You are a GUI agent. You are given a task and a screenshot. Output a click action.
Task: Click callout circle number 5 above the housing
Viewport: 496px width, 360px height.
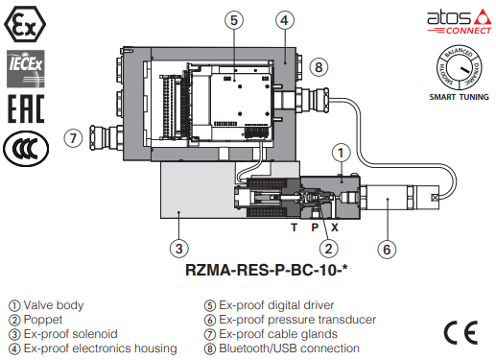[234, 20]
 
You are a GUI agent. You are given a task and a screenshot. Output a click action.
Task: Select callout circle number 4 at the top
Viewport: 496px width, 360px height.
[285, 20]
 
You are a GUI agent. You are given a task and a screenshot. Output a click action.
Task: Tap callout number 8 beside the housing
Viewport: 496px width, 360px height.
[319, 67]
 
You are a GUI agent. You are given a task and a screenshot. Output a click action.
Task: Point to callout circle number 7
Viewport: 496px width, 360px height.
[73, 138]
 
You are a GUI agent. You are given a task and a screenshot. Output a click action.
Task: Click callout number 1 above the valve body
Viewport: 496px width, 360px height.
[341, 153]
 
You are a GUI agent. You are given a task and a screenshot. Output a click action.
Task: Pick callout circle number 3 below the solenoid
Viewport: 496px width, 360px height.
[179, 249]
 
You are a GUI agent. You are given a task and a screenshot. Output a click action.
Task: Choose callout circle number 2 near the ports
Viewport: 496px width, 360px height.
[329, 249]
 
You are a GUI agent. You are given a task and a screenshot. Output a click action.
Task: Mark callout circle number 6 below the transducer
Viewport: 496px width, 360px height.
[387, 250]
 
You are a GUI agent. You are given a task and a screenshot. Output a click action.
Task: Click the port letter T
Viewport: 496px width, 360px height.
[294, 228]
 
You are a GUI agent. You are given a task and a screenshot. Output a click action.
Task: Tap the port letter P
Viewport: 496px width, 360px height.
[315, 228]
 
